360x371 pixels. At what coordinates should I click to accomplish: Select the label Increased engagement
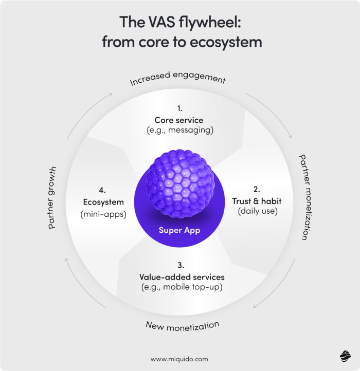pos(177,80)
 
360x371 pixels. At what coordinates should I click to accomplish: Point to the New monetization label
pos(183,326)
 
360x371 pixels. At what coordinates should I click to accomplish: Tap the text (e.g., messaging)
pos(180,131)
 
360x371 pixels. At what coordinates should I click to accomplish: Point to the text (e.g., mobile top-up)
pos(182,287)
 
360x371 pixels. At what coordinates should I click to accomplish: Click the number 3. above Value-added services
pos(181,266)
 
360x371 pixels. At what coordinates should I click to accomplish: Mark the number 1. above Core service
pos(179,109)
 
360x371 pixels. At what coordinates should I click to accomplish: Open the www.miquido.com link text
pos(179,359)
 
